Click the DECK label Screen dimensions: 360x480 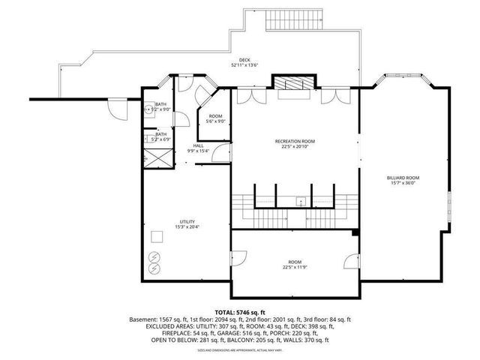click(x=244, y=60)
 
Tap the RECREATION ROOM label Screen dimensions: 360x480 click(x=295, y=142)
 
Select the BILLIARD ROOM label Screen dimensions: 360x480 click(x=403, y=178)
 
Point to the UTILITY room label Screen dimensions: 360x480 click(x=187, y=221)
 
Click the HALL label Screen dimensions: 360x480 click(x=198, y=145)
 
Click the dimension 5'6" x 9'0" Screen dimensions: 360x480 click(x=216, y=121)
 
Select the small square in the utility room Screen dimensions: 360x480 click(x=157, y=236)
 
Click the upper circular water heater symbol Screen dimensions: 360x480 click(x=155, y=255)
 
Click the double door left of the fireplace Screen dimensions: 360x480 click(x=247, y=95)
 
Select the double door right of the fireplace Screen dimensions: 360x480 click(x=330, y=95)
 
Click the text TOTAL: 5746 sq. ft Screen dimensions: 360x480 click(x=240, y=312)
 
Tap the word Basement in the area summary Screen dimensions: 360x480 click(x=142, y=319)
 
